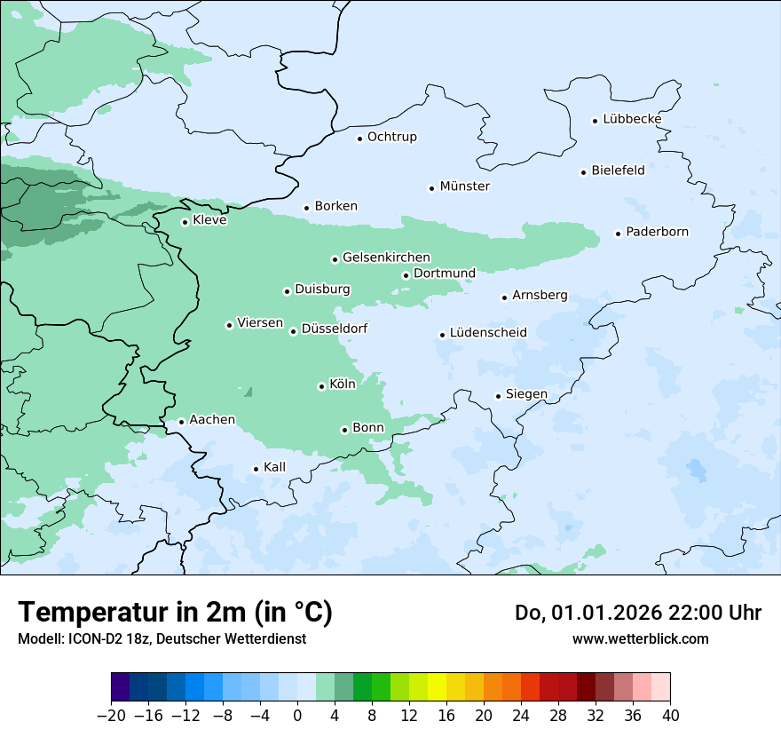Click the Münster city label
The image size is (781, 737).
pyautogui.click(x=465, y=186)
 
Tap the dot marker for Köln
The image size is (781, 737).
pyautogui.click(x=321, y=386)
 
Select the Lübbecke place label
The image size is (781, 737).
pyautogui.click(x=632, y=119)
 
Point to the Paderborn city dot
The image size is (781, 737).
pyautogui.click(x=618, y=234)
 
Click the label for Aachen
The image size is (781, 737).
pyautogui.click(x=212, y=420)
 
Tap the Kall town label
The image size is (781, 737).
pyautogui.click(x=274, y=467)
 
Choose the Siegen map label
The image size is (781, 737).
pyautogui.click(x=526, y=394)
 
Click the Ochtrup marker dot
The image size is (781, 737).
pyautogui.click(x=359, y=138)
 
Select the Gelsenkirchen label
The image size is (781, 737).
pyautogui.click(x=386, y=258)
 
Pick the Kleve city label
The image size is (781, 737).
pyautogui.click(x=209, y=220)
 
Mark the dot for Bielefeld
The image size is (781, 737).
pyautogui.click(x=583, y=172)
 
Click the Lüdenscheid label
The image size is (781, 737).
pyautogui.click(x=488, y=333)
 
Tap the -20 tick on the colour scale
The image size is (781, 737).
pyautogui.click(x=111, y=715)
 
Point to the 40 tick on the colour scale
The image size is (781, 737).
pyautogui.click(x=670, y=715)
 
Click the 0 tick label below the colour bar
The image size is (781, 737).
pyautogui.click(x=297, y=715)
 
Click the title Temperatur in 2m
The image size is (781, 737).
pyautogui.click(x=175, y=613)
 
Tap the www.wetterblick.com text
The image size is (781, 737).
pyautogui.click(x=640, y=638)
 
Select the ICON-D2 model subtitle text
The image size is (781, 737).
pyautogui.click(x=162, y=638)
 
